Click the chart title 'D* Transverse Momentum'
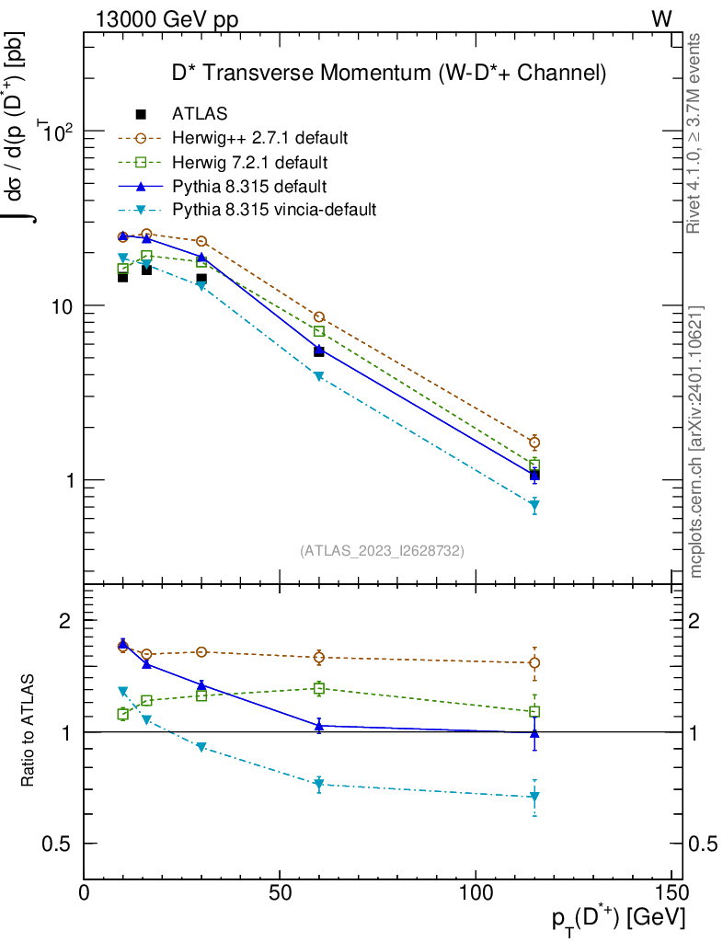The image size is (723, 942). (x=389, y=72)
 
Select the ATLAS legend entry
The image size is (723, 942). (x=200, y=114)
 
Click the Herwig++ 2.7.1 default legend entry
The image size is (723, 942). (x=259, y=138)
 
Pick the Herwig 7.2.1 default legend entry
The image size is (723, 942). (x=250, y=162)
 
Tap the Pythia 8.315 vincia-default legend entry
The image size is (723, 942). (x=274, y=210)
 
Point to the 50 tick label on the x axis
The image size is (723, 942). (x=281, y=892)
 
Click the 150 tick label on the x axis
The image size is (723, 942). (x=672, y=892)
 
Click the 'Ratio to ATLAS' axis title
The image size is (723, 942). (x=29, y=730)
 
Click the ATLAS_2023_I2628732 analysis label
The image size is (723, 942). (x=382, y=551)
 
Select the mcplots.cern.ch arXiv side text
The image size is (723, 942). (x=696, y=442)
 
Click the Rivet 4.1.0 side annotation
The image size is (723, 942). (x=696, y=133)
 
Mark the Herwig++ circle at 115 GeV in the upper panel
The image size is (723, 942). (x=534, y=442)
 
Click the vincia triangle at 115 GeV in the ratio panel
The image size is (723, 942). (x=534, y=797)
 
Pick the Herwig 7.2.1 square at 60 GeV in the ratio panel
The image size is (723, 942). (x=319, y=688)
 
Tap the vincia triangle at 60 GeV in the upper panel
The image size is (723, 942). (x=319, y=376)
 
